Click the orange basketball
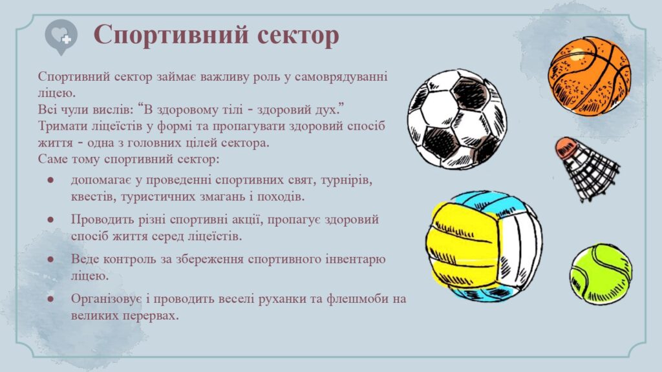[590, 76]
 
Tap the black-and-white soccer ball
[457, 119]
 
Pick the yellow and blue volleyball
[484, 246]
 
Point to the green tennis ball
[601, 274]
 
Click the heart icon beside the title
[61, 37]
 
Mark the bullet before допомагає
[50, 180]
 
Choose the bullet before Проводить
[50, 220]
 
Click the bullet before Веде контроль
[50, 259]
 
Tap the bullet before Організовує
[50, 298]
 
